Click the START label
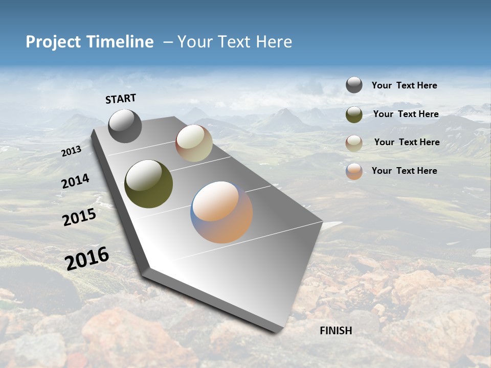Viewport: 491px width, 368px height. [121, 99]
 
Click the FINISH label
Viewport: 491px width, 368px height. [336, 331]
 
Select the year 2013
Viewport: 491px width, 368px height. [72, 151]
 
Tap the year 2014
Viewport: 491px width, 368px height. [76, 181]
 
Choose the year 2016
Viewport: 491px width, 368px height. [87, 259]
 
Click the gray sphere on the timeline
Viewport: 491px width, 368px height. [125, 126]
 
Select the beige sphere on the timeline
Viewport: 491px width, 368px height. [194, 143]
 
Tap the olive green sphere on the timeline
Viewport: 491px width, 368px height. [149, 184]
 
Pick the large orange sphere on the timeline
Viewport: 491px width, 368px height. [221, 212]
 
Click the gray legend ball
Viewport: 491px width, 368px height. [354, 85]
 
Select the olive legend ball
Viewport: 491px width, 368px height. [354, 114]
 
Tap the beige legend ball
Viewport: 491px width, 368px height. [354, 143]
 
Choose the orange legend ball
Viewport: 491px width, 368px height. [354, 171]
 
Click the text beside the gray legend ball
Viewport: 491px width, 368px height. [405, 86]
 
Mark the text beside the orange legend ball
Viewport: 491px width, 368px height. [405, 171]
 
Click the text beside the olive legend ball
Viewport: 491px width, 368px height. [406, 114]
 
